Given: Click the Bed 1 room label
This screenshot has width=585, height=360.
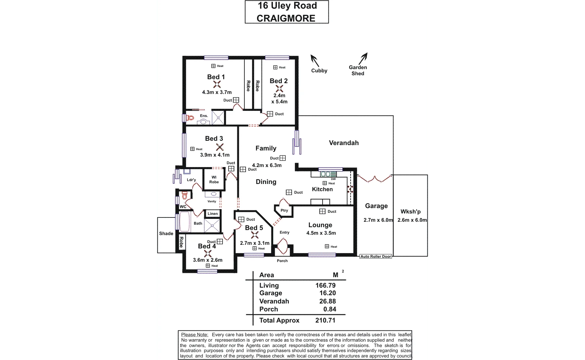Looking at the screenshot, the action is coord(216,77).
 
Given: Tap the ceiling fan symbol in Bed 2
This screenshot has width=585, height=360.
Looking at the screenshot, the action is coord(279,89).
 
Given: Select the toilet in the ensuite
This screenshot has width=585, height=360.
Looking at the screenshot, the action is coord(190,118).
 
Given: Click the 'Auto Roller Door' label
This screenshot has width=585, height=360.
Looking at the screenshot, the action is coord(376,257).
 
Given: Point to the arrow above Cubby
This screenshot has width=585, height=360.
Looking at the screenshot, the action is coord(314,60).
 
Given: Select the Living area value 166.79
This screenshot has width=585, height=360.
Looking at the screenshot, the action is coord(325,285).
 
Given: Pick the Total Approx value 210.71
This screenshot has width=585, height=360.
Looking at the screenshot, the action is coord(325,320).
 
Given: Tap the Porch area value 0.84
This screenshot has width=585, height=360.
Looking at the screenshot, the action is coord(329,309).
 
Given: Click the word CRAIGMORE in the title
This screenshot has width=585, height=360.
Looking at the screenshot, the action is coord(286,18).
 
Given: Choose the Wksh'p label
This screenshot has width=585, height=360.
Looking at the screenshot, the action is coord(410,212).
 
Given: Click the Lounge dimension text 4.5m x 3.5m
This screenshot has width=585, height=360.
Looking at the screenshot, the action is coord(321,233).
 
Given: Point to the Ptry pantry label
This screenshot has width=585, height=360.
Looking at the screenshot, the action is coord(284,211).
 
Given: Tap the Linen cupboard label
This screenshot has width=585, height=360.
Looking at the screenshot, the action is coord(213,213).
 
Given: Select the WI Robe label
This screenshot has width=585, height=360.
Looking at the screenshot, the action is coord(214,180).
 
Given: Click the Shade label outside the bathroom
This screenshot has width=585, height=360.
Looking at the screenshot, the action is coord(166,234).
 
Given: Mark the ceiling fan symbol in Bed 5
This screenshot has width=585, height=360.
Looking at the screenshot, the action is coord(255,235).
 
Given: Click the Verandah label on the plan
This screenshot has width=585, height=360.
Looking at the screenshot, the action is coord(344,143).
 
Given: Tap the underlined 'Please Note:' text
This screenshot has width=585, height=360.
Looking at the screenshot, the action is coord(194,335).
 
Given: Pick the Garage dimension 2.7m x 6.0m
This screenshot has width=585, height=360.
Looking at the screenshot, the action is coord(378,220).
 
